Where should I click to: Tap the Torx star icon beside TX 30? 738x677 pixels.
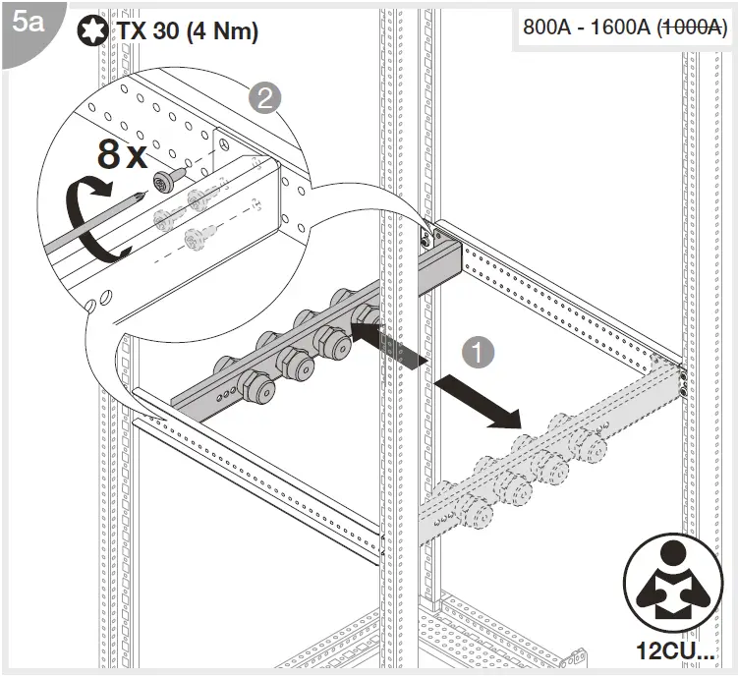click(x=91, y=31)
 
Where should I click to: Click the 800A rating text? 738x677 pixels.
click(x=548, y=28)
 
